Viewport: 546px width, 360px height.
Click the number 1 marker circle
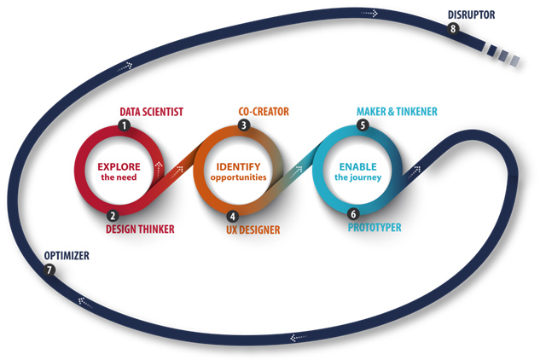[x=125, y=125]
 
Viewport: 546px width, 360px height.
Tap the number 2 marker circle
[x=113, y=216]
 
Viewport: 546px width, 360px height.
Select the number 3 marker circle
[x=244, y=125]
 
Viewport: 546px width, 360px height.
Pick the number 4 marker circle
[x=232, y=216]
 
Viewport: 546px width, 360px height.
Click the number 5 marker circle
[x=363, y=125]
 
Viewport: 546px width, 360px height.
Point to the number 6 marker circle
[x=352, y=215]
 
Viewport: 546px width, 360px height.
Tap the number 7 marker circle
[x=50, y=270]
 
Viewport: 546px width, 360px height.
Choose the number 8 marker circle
[x=453, y=28]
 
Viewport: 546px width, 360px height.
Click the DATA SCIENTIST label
[x=151, y=111]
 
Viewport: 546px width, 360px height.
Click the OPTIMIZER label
[x=67, y=256]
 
